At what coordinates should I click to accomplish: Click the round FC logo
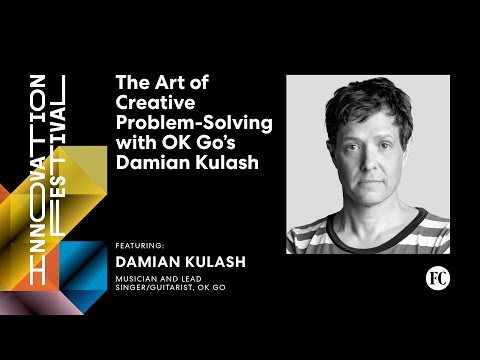pos(436,277)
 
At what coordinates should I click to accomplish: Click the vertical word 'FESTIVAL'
pos(58,155)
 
